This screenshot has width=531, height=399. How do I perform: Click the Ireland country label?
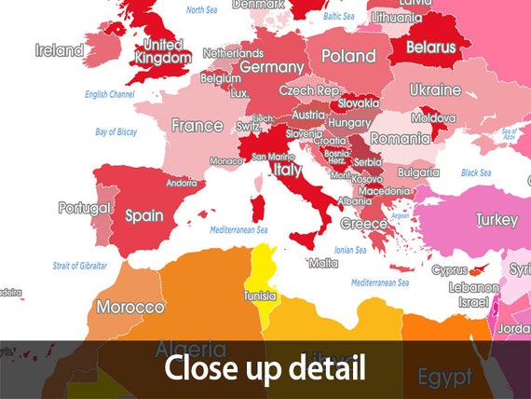pos(59,50)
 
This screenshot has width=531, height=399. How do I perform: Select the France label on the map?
pos(197,126)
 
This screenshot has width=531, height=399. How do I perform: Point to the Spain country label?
pos(144,216)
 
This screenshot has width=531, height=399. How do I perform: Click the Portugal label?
pos(84,208)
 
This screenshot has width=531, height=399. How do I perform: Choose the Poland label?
pos(348,56)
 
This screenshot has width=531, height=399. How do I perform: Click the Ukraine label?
pos(435,90)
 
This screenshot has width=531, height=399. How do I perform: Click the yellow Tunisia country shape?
pos(260,280)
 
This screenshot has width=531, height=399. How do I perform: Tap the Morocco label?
pos(130,307)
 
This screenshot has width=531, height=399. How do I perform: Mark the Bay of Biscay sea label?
pos(117,132)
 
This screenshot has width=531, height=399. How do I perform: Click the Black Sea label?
pos(475,172)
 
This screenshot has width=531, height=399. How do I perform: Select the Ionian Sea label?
pos(349,250)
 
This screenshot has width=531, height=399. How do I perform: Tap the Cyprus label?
pos(449,270)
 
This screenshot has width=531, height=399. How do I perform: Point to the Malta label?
pos(322,263)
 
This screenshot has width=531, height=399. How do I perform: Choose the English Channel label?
pos(109,94)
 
